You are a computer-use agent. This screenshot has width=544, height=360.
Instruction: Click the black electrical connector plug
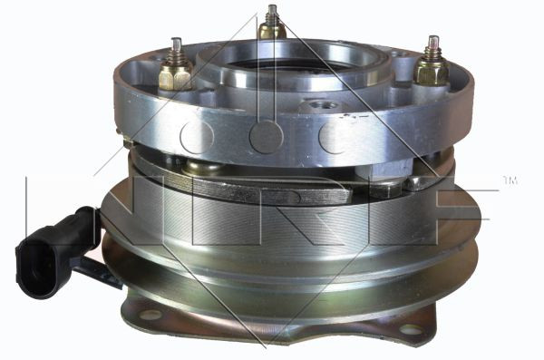tap(55, 253)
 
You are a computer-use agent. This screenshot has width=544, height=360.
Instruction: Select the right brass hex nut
tap(432, 71)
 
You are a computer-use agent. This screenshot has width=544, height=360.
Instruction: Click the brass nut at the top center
tap(272, 31)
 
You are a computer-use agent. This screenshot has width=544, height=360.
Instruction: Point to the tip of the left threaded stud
tap(177, 39)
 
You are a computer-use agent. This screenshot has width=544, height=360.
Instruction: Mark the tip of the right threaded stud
tap(433, 37)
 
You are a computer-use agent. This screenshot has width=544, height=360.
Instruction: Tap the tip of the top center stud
tap(273, 6)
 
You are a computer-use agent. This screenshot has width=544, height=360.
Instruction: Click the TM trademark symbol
tap(510, 180)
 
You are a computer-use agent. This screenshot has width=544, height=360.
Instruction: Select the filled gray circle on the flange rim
tap(266, 137)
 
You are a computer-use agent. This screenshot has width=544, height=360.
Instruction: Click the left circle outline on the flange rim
tap(197, 137)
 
